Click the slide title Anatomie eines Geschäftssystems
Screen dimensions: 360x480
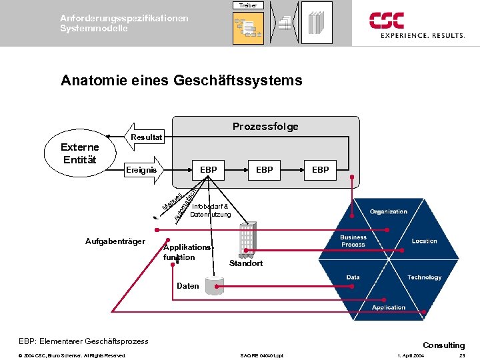181,81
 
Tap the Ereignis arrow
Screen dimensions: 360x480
144,170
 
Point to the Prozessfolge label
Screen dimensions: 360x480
265,126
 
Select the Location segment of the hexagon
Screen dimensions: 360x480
424,241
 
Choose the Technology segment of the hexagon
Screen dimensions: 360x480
424,277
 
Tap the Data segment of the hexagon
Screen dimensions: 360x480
353,277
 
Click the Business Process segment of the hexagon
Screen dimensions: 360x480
353,241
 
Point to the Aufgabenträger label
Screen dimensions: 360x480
115,241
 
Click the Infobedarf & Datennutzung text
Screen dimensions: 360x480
211,211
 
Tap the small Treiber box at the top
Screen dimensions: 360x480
248,5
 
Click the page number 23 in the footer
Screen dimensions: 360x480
462,355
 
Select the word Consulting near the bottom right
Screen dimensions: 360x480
443,345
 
